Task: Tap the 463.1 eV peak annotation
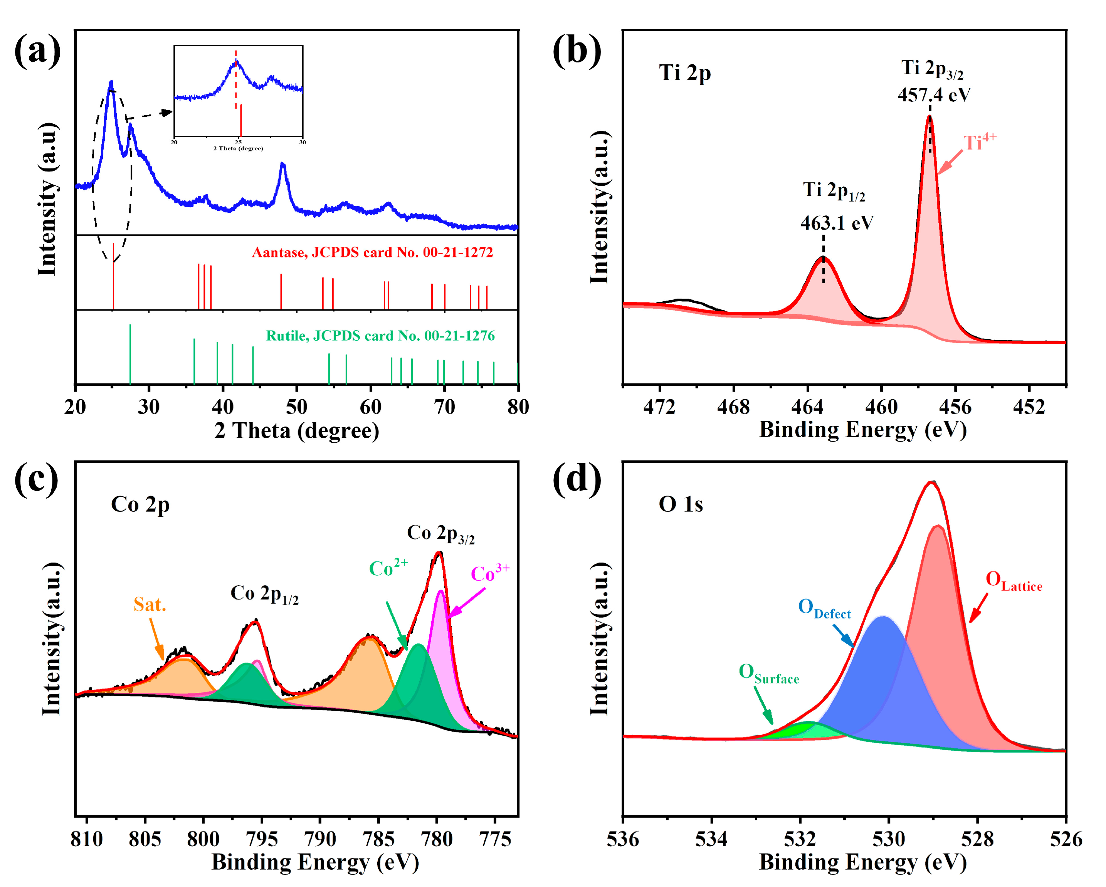pos(837,223)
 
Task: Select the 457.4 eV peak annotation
pos(934,95)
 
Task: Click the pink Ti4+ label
pos(979,142)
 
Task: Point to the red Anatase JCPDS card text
pos(372,252)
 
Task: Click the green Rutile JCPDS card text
pos(380,336)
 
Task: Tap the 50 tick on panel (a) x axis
pos(296,407)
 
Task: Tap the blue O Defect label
pos(824,608)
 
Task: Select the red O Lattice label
pos(1013,581)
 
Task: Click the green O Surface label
pos(768,674)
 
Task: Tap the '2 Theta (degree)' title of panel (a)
pos(296,430)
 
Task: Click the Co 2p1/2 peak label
pos(264,594)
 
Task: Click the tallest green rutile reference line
pos(130,354)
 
